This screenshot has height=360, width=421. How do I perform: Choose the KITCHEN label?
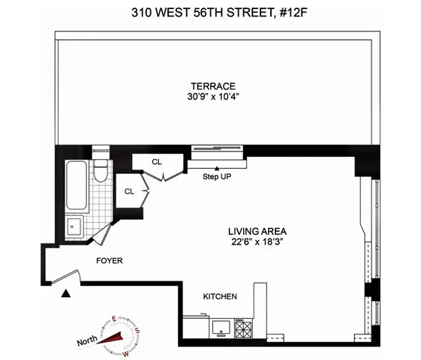221,297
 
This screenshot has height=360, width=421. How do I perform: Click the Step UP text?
217,178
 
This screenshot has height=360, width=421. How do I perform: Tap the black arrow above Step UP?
217,168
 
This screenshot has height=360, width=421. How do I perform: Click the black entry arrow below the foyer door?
67,292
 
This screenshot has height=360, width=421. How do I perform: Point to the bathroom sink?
73,225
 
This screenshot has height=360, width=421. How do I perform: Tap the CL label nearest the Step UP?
157,161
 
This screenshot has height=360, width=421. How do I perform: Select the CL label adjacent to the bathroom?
129,191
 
